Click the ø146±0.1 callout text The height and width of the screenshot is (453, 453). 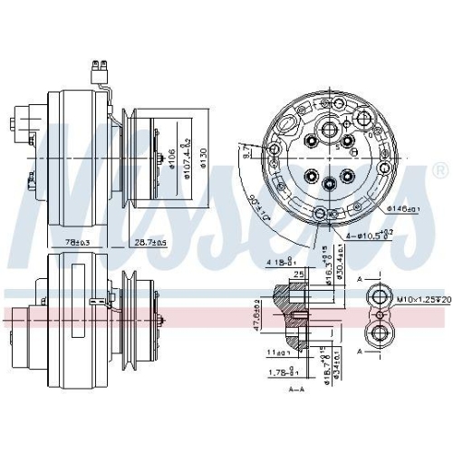click(404, 209)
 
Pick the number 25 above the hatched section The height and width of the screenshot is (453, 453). click(297, 274)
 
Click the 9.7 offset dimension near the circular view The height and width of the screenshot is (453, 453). click(246, 156)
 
